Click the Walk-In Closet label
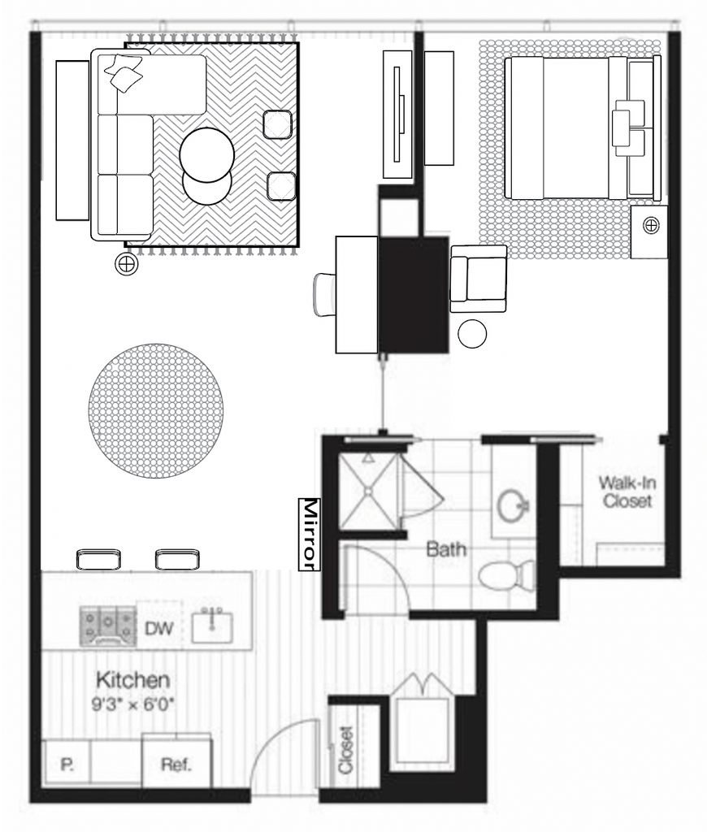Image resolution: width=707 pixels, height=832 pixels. [627, 492]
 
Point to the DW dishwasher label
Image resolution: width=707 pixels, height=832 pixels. [158, 629]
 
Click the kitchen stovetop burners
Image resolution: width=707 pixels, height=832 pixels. [108, 626]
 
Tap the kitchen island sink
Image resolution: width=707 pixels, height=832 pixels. [212, 626]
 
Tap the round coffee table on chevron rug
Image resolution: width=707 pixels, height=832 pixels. [207, 155]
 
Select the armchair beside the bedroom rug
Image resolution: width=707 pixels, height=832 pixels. [478, 279]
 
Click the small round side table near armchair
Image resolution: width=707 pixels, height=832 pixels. [472, 334]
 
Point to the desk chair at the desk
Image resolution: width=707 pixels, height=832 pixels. [324, 295]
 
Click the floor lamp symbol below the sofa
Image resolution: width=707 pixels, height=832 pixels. [126, 263]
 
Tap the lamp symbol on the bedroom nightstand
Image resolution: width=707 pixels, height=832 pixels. [651, 226]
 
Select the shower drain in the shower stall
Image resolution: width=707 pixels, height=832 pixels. [367, 492]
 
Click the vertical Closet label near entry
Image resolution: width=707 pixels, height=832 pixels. [345, 750]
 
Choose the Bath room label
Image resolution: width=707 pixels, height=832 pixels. [446, 548]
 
